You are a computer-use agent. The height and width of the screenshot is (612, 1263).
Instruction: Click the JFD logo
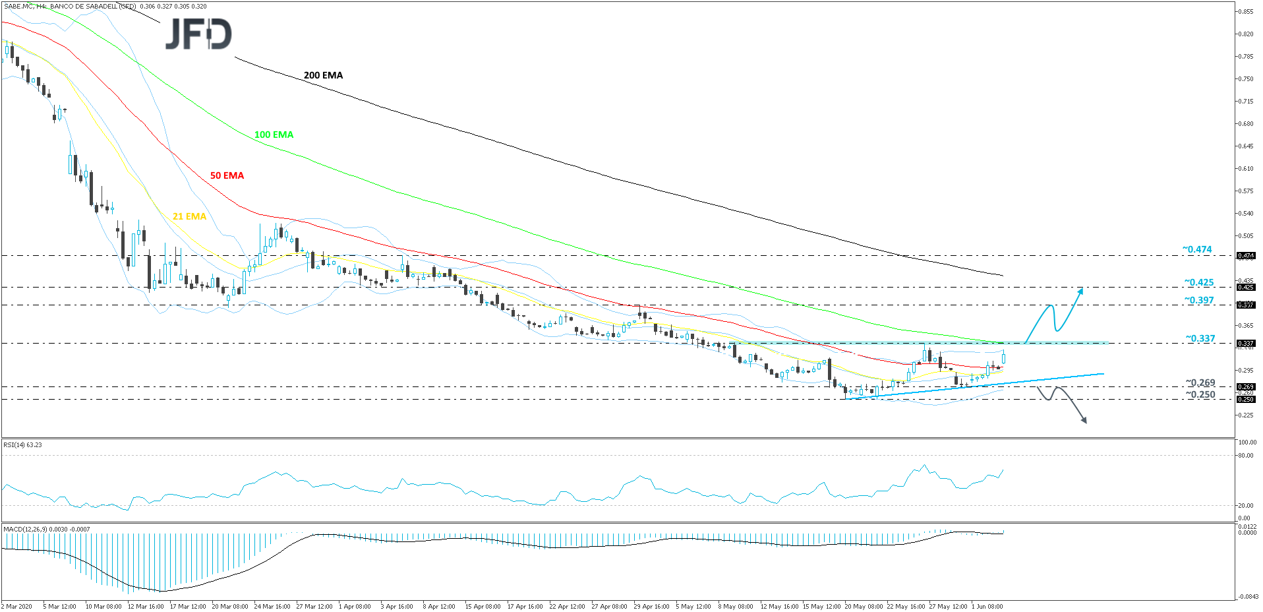[198, 34]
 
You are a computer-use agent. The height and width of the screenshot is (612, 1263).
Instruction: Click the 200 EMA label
[323, 75]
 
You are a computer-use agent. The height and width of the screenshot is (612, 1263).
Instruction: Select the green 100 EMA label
[274, 135]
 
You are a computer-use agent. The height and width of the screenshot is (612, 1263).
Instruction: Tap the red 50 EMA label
[227, 175]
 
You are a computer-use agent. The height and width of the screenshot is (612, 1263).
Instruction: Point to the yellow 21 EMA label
[189, 216]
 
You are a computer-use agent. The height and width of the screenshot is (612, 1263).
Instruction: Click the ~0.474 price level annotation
[1196, 249]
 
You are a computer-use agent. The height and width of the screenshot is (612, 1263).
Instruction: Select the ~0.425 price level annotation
[1198, 282]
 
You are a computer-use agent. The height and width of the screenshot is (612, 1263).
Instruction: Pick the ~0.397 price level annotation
[1198, 300]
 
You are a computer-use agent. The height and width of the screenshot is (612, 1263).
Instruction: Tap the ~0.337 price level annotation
[1200, 338]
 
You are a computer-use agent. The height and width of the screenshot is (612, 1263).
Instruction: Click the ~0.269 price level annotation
[1200, 382]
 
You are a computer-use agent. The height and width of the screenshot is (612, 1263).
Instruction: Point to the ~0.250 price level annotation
[1200, 394]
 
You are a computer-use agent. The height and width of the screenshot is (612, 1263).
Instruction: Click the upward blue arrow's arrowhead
[1080, 290]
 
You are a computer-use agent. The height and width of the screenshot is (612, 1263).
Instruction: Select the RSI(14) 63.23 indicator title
[22, 445]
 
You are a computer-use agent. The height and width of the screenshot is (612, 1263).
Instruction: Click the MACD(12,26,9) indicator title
[46, 529]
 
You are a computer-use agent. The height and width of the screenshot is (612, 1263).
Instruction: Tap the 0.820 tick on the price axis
[1245, 34]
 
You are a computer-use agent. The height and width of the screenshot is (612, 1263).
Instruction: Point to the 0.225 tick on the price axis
[1245, 415]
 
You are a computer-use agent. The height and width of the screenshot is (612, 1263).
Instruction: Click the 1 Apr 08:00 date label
[355, 606]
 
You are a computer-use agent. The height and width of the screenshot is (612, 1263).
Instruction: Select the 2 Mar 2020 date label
[17, 606]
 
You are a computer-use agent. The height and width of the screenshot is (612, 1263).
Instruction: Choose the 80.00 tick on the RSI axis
[1246, 456]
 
